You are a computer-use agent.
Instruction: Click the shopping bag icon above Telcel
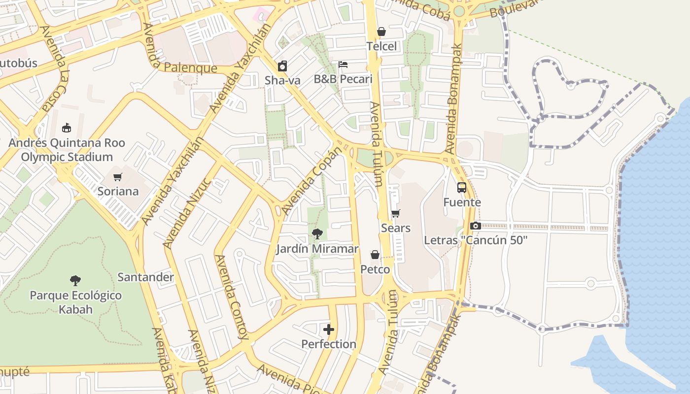click(381, 32)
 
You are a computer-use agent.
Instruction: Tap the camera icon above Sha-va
click(282, 66)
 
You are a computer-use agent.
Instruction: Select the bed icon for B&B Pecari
click(343, 65)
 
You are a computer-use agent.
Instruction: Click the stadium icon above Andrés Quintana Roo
click(67, 128)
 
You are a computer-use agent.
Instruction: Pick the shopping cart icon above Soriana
click(117, 177)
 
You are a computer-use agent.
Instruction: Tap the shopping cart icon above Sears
click(395, 214)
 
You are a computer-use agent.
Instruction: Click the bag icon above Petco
click(375, 255)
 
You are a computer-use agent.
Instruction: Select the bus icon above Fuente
click(462, 188)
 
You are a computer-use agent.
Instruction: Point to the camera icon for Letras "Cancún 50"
click(476, 226)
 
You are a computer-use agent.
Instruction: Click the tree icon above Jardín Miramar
click(317, 234)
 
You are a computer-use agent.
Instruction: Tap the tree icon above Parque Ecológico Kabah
click(75, 281)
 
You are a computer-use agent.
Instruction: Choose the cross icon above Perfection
click(329, 329)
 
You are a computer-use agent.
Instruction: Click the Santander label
click(145, 277)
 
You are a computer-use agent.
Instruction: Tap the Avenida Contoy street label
click(231, 297)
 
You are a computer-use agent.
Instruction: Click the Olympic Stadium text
click(67, 157)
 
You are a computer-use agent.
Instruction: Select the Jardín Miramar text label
click(317, 249)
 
